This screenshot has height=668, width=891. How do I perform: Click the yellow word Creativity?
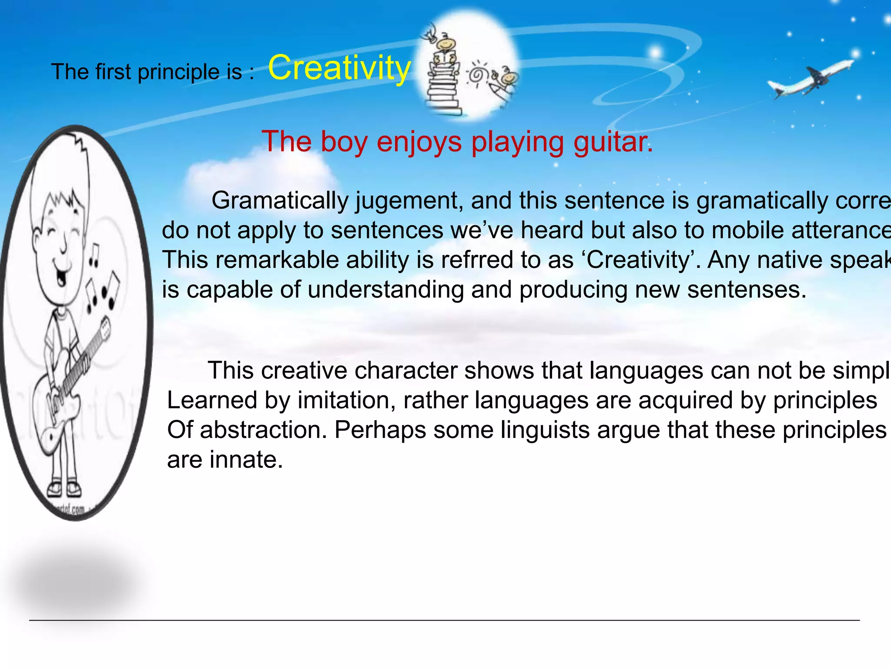(x=339, y=68)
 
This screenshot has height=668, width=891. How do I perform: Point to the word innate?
(x=246, y=460)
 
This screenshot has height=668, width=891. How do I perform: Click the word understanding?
(x=385, y=290)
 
